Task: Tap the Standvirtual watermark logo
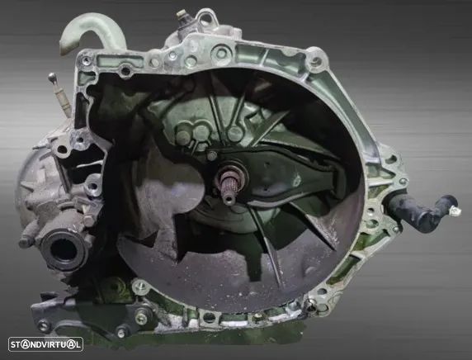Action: tap(45, 344)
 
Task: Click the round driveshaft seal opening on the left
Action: tap(64, 249)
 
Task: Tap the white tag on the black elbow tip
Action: tap(455, 211)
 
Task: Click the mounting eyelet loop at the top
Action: tap(207, 18)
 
